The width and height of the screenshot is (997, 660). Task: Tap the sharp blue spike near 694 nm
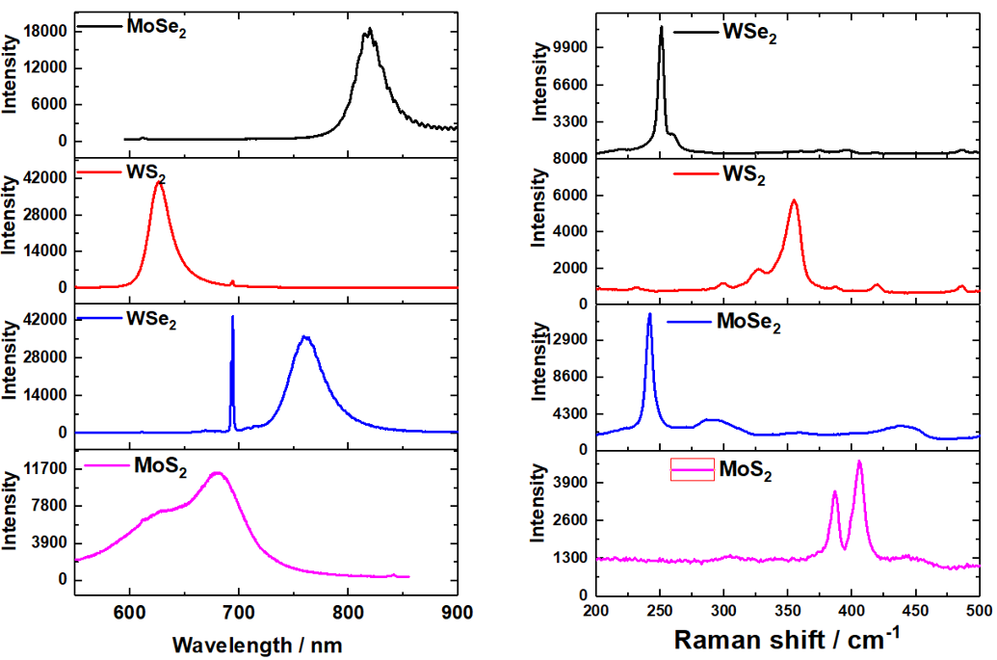point(232,317)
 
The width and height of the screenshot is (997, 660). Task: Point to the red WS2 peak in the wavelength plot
point(160,182)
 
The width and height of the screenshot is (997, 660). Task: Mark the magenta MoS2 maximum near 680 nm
point(218,473)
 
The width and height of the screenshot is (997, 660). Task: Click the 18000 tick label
point(45,32)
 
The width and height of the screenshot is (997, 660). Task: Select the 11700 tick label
point(45,469)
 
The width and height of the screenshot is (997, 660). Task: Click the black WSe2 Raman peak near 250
point(662,28)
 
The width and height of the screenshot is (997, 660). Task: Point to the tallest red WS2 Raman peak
point(794,200)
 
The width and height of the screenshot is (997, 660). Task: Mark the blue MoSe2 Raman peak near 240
point(649,314)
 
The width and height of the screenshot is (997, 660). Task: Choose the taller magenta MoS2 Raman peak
point(859,462)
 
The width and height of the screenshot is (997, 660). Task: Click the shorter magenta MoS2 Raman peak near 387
point(835,491)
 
